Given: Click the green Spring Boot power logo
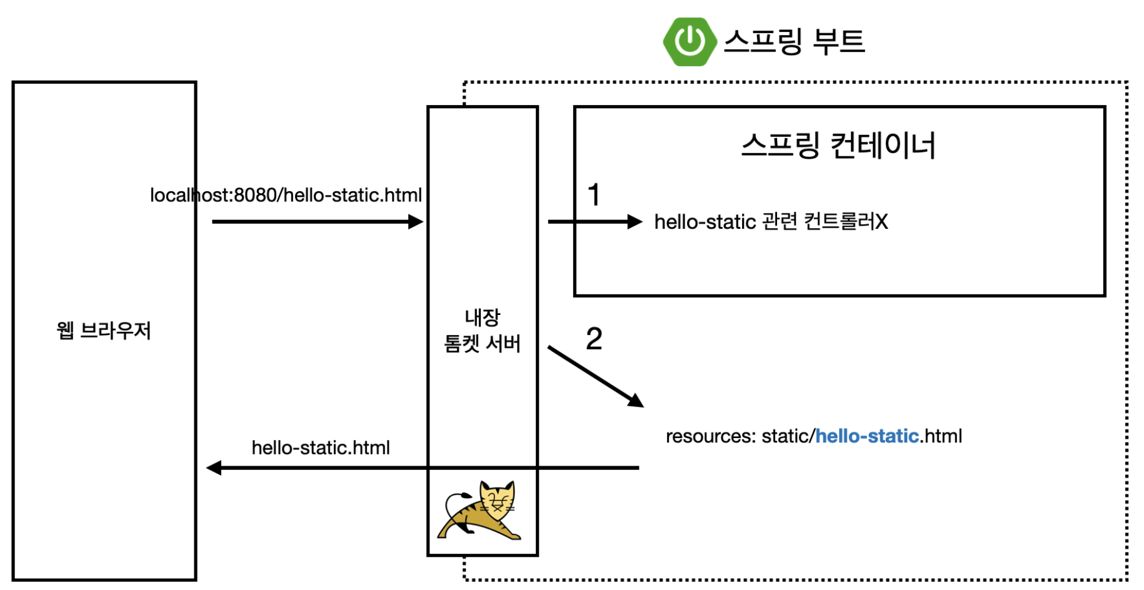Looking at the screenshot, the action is click(x=690, y=42).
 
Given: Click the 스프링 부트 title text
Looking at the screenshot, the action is click(x=794, y=42).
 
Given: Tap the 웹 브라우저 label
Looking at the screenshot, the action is click(x=104, y=330).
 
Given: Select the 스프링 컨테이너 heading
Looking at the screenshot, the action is click(x=838, y=145).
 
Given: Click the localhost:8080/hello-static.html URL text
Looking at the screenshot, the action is click(x=286, y=195).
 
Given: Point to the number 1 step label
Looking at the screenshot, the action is click(x=594, y=194).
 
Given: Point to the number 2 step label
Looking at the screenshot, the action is click(x=594, y=339).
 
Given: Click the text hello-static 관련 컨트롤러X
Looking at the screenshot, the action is click(x=771, y=221).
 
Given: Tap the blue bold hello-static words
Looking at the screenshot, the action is click(x=867, y=436).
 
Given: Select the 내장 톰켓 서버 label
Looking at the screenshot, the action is click(x=482, y=331).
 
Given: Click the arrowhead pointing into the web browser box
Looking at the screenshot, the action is click(x=214, y=467).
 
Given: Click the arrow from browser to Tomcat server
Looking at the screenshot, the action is click(x=317, y=221).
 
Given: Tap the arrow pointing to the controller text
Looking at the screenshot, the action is click(x=595, y=221).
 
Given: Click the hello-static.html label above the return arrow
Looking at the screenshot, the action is click(x=321, y=447).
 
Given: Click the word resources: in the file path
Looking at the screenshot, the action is click(x=711, y=436).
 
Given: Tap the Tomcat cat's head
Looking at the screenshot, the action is click(x=498, y=499).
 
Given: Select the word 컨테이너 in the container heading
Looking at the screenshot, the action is click(x=882, y=145).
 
